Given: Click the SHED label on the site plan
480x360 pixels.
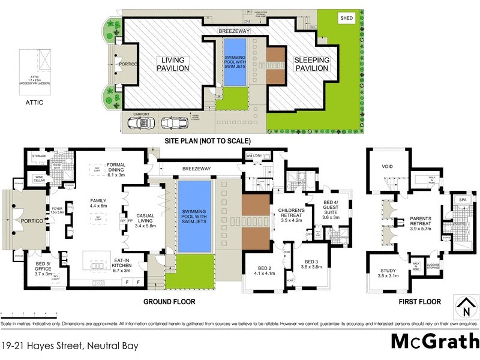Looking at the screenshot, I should (347, 19).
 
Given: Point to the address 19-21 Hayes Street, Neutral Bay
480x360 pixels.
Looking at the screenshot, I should (70, 346).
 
